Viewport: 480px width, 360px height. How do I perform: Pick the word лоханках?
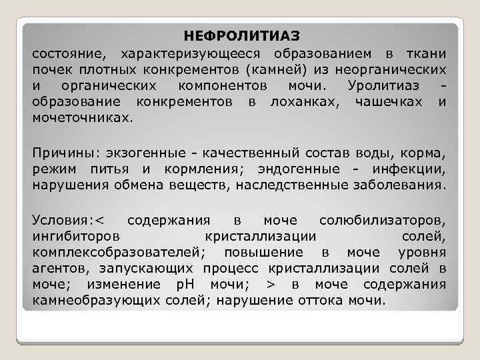click(303, 102)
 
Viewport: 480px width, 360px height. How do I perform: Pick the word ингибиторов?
click(76, 236)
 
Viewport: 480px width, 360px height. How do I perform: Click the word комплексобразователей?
click(119, 253)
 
